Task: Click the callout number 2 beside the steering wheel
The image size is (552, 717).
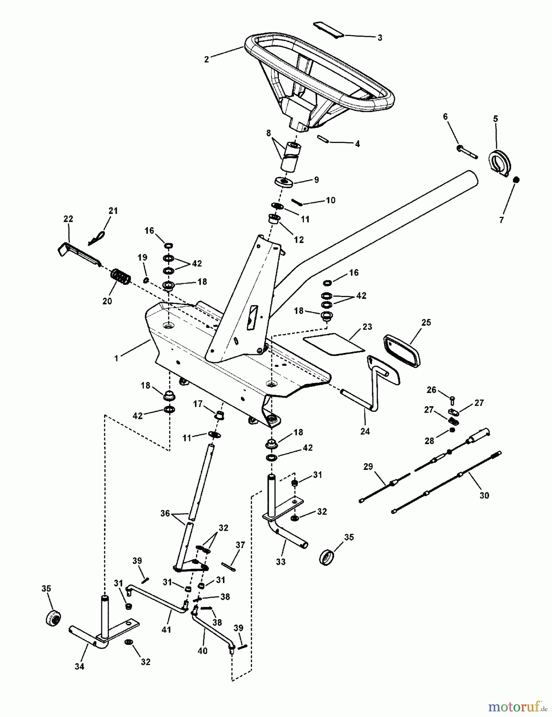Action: coord(206,60)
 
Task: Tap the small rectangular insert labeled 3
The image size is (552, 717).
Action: coord(329,30)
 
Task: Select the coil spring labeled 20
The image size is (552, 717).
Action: coord(120,276)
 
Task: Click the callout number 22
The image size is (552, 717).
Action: coord(68,219)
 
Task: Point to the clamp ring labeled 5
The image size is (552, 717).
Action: coord(499,163)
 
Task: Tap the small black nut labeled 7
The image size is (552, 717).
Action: coord(516,180)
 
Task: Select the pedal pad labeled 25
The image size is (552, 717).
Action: coord(402,351)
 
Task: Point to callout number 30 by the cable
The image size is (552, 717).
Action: coord(484,496)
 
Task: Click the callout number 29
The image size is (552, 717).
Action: coord(368,466)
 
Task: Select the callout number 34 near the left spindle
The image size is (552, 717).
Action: coord(79,666)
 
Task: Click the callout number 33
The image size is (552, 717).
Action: coord(281,562)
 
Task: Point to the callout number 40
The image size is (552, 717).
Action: coord(203,650)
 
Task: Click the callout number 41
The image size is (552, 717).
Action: coord(166,629)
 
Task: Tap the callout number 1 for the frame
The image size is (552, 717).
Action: coord(116,358)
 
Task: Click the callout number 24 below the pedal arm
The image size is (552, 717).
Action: coord(365,431)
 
